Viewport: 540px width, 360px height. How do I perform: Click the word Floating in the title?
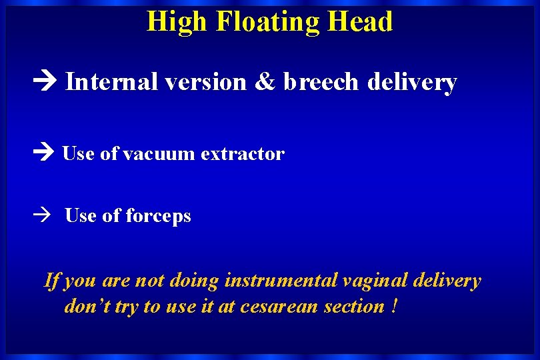tap(269, 21)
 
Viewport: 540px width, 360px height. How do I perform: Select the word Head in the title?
tap(360, 21)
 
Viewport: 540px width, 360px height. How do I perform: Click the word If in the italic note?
tap(51, 281)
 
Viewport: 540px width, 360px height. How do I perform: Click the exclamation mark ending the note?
tap(396, 306)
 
